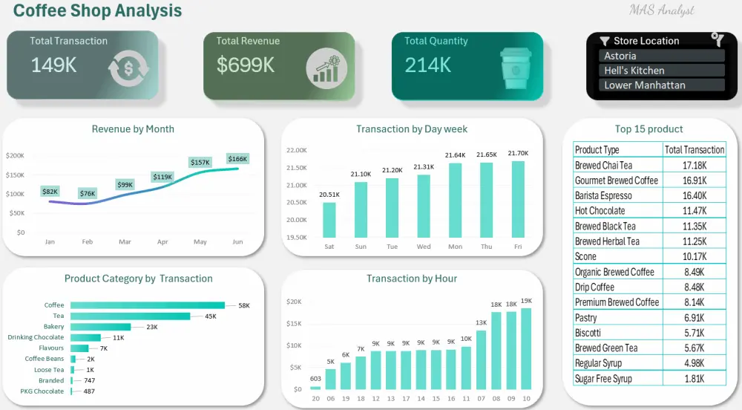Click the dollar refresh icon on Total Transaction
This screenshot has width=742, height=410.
click(128, 69)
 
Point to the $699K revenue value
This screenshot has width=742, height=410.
click(246, 65)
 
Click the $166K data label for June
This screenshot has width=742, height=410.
click(237, 159)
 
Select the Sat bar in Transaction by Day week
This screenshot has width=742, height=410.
click(329, 220)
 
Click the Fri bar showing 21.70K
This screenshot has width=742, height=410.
click(518, 199)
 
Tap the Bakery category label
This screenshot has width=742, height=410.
click(53, 327)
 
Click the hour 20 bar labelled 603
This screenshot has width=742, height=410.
click(315, 387)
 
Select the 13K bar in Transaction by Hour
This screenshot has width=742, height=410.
click(481, 360)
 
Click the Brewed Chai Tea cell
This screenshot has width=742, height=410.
click(603, 165)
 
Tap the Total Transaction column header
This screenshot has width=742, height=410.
click(694, 149)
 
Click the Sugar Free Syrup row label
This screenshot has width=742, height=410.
click(603, 379)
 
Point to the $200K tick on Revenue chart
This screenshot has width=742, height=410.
click(15, 155)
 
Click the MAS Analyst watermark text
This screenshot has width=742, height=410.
click(661, 10)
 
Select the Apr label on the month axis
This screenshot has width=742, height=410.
click(162, 242)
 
